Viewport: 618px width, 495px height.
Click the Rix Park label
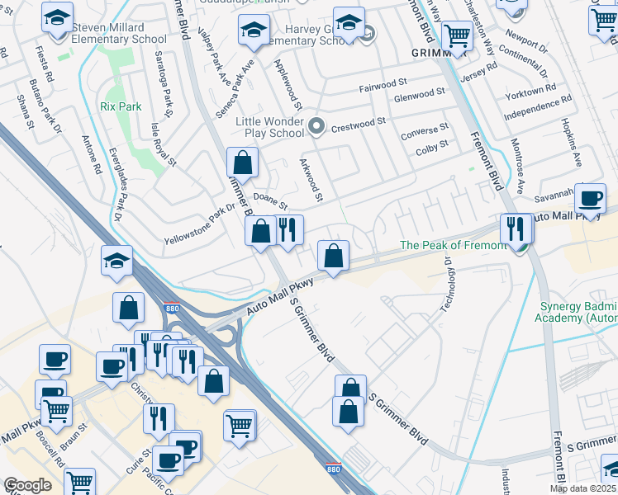click(x=121, y=106)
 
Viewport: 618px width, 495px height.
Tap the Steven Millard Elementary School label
click(x=121, y=32)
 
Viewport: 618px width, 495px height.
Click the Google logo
click(x=27, y=485)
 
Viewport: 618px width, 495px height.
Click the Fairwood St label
click(x=384, y=85)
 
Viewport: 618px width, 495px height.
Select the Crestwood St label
click(x=359, y=121)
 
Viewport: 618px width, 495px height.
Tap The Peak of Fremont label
click(x=453, y=245)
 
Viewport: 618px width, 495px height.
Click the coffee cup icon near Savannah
click(x=591, y=199)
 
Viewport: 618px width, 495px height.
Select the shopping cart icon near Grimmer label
click(x=456, y=35)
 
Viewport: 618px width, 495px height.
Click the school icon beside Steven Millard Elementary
click(x=57, y=17)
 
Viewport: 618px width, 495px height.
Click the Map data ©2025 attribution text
click(x=582, y=488)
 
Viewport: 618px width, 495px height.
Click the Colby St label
click(x=431, y=144)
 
